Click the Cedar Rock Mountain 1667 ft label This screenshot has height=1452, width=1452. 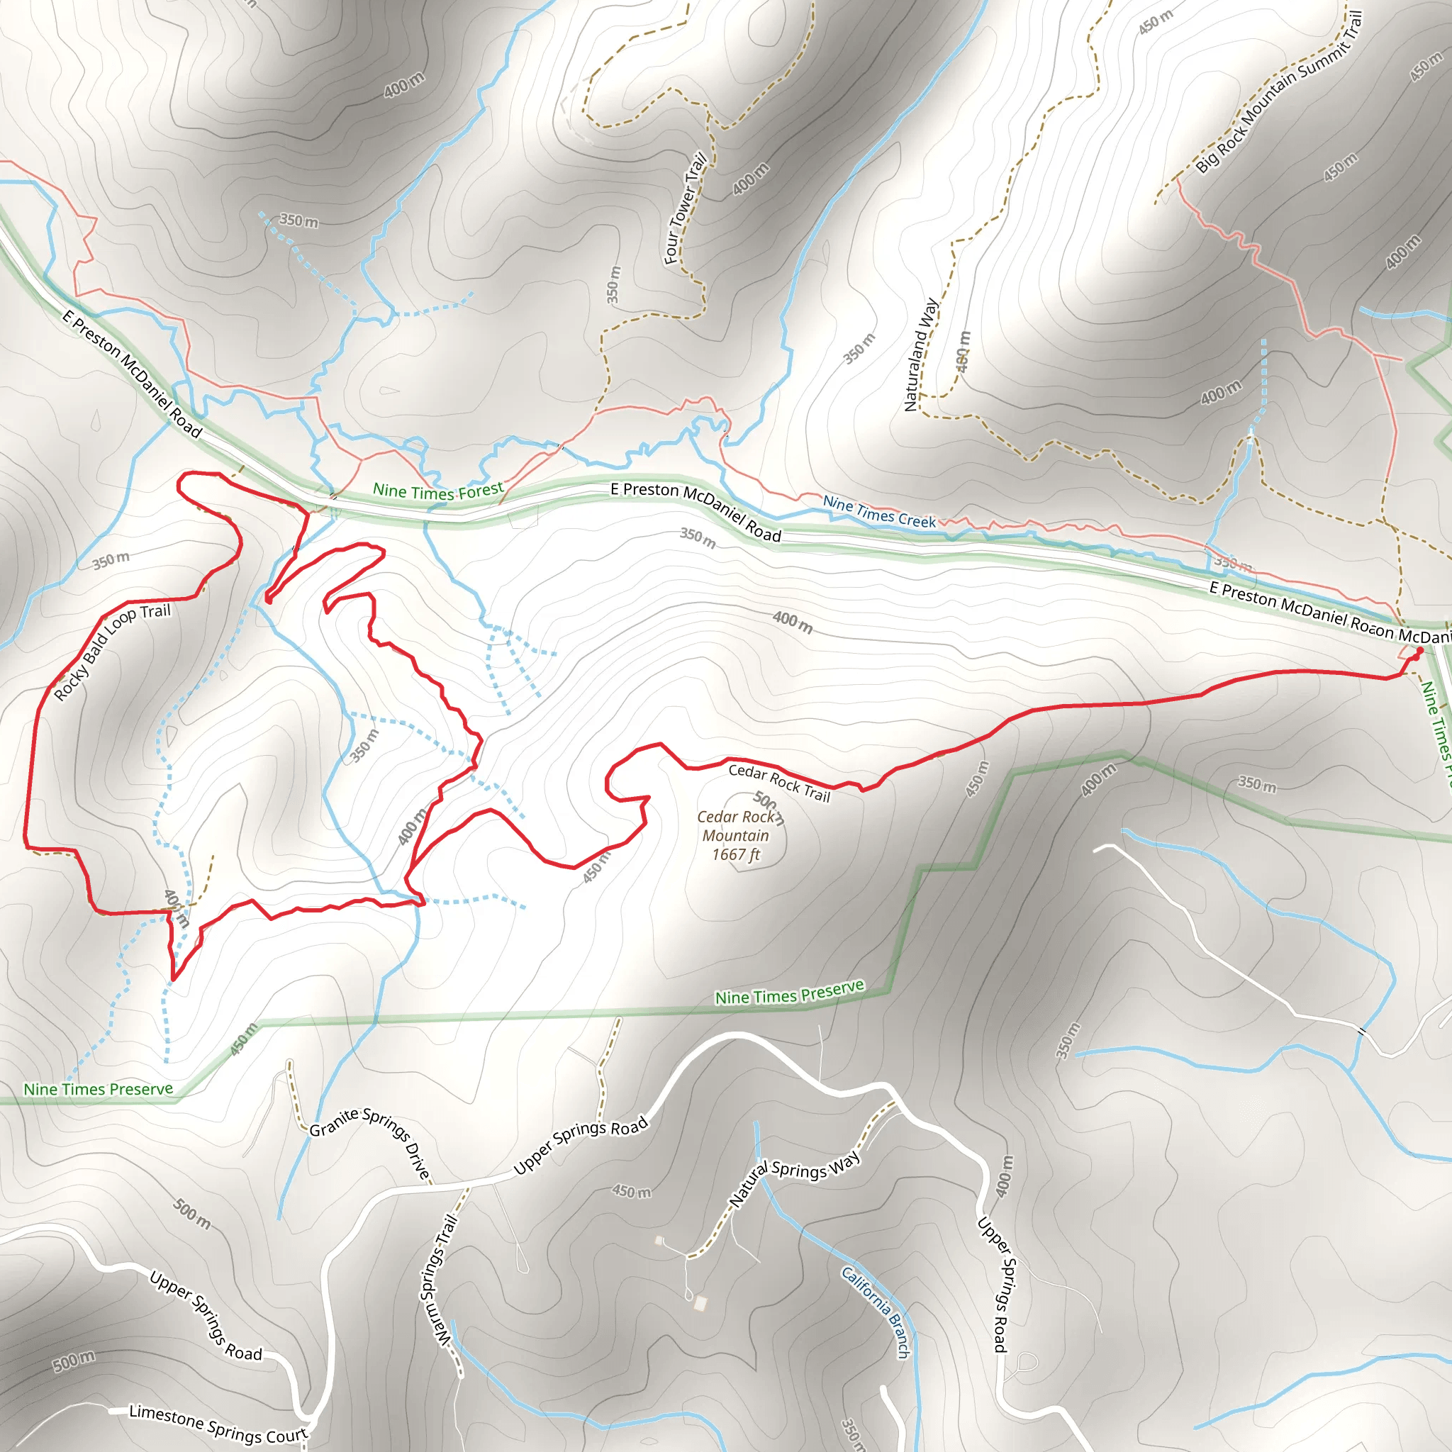[736, 836]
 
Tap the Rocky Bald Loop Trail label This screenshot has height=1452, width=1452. [112, 652]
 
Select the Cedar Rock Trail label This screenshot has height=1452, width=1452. [779, 783]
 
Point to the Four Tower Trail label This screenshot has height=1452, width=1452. [685, 208]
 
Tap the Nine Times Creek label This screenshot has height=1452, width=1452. [879, 511]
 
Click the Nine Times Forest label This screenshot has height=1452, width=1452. [438, 491]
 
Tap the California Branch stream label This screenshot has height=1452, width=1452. [876, 1312]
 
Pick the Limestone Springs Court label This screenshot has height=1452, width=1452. [218, 1424]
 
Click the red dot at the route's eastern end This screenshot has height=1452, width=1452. [1419, 651]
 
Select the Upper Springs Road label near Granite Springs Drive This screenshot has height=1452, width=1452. [580, 1146]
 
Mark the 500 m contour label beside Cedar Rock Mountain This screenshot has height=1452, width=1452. [769, 806]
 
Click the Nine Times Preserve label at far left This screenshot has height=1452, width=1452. [98, 1089]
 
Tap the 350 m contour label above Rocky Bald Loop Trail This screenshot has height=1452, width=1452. [111, 560]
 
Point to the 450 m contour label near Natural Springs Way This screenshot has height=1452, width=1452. [631, 1191]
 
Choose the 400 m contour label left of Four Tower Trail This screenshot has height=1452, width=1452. [404, 85]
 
